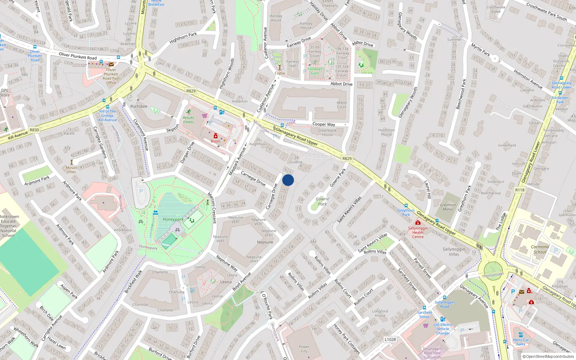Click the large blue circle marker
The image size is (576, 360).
[288, 180]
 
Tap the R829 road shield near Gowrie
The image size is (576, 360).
[347, 158]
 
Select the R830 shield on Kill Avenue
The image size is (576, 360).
[34, 130]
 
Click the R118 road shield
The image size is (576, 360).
[519, 190]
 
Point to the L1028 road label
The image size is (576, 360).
[390, 339]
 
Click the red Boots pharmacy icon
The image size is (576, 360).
[216, 136]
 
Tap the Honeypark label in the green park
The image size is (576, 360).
[173, 219]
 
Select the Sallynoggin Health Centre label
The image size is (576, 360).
[418, 232]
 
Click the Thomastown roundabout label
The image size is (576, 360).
[493, 275]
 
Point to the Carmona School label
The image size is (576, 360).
[540, 249]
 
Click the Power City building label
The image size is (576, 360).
[304, 349]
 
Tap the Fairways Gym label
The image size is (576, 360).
[315, 71]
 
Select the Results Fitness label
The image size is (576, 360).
[188, 120]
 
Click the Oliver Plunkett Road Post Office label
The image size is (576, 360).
[111, 76]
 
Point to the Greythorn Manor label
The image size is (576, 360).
[448, 207]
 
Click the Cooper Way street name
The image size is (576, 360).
[323, 124]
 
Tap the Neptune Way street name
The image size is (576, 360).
[227, 263]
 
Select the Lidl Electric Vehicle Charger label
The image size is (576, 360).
[443, 329]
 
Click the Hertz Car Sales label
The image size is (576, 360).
[521, 342]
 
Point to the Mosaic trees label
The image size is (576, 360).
[71, 170]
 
